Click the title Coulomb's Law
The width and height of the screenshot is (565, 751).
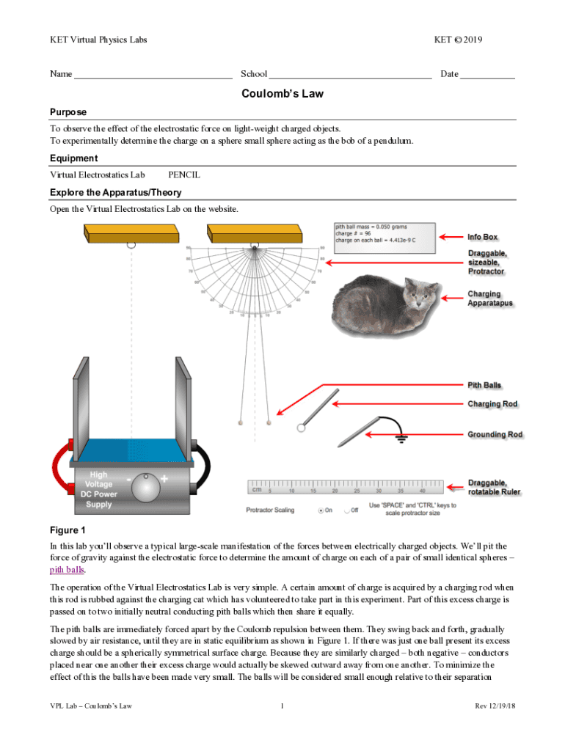point(282,94)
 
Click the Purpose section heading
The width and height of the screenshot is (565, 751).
point(68,112)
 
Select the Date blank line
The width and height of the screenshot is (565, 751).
point(488,75)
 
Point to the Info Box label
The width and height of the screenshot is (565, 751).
point(482,237)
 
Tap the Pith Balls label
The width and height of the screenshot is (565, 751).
point(484,385)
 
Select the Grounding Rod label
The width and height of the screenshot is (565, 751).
point(495,435)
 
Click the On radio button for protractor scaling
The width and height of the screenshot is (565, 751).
point(320,510)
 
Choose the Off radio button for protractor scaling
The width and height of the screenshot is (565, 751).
point(345,510)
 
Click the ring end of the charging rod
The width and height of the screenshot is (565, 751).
point(301,428)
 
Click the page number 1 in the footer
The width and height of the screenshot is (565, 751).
point(282,706)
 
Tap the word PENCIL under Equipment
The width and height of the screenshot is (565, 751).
point(184,175)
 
